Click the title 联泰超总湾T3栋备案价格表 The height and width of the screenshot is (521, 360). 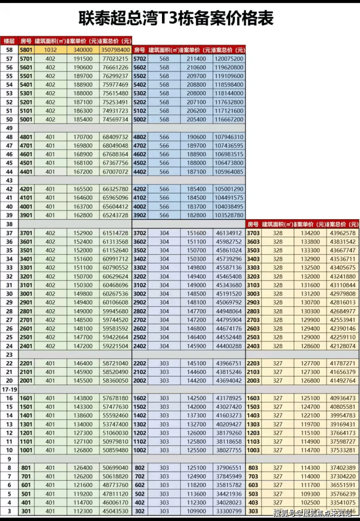176,19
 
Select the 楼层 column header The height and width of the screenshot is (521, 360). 9,41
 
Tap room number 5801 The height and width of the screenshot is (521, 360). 26,50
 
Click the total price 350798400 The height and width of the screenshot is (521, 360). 116,50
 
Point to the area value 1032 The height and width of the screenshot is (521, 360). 51,50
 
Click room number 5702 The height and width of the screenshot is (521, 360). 140,58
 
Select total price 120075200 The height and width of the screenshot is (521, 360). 229,58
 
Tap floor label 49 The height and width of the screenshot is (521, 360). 9,128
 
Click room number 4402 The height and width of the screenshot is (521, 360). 140,171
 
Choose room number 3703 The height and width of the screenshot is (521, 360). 253,233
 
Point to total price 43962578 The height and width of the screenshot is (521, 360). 342,233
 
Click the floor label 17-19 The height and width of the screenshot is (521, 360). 10,390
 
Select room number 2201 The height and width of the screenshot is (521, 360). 26,363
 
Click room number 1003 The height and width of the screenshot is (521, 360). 253,450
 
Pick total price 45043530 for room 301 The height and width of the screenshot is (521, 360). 116,511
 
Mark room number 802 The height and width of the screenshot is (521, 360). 140,468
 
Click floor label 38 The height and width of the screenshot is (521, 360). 9,224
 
